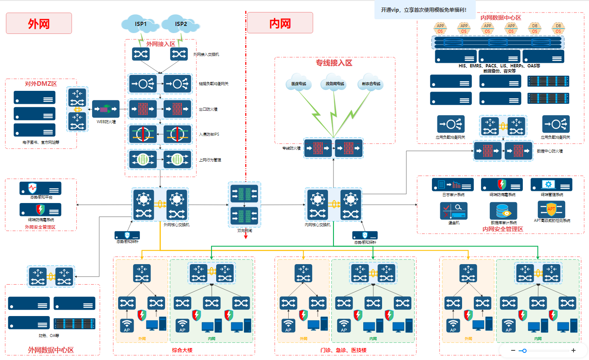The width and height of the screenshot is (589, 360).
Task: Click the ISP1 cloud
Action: [x=141, y=24]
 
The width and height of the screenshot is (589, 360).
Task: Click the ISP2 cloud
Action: [x=181, y=24]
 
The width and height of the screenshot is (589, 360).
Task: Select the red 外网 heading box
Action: [x=39, y=23]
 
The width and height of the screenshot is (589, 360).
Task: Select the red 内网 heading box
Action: [x=280, y=23]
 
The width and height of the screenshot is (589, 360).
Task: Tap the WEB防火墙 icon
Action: [x=106, y=109]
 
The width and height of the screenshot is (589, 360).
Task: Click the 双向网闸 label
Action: [x=245, y=231]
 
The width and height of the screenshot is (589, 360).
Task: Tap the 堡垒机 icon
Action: [x=454, y=211]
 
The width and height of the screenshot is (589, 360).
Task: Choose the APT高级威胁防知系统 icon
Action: [x=551, y=209]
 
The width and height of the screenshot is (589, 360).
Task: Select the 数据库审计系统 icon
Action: [x=503, y=211]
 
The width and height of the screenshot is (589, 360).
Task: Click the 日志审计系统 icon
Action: [x=453, y=185]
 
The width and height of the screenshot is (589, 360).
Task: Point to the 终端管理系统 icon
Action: [x=551, y=185]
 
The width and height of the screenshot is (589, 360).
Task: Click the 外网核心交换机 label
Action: [x=176, y=225]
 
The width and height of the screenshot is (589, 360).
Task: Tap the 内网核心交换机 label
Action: [x=318, y=225]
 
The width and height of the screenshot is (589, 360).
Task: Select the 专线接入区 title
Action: [x=334, y=63]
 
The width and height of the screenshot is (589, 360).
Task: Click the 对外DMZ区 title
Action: [x=41, y=84]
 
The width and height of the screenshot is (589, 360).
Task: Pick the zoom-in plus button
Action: [x=573, y=350]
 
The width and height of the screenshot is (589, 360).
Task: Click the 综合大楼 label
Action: [x=182, y=350]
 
